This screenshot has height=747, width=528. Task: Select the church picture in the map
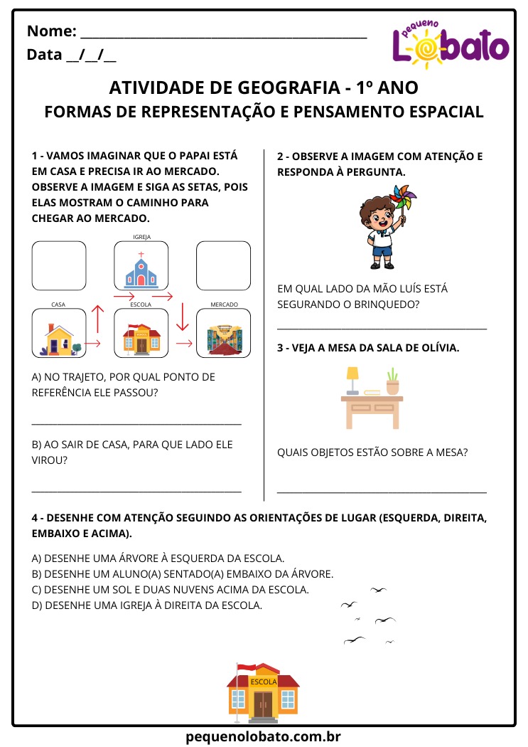(x=141, y=268)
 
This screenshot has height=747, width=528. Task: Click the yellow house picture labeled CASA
(x=58, y=337)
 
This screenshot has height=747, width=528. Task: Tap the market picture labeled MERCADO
(x=223, y=337)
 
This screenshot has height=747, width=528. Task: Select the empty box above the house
(x=58, y=266)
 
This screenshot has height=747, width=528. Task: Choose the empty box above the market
(x=223, y=266)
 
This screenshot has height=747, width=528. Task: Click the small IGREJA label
(x=141, y=237)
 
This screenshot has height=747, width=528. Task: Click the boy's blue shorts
(x=382, y=250)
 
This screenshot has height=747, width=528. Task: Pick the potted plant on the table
(x=393, y=382)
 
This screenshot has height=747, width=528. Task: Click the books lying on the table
(x=372, y=392)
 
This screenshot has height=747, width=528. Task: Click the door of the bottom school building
(x=263, y=704)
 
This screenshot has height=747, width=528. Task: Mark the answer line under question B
(x=136, y=491)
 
